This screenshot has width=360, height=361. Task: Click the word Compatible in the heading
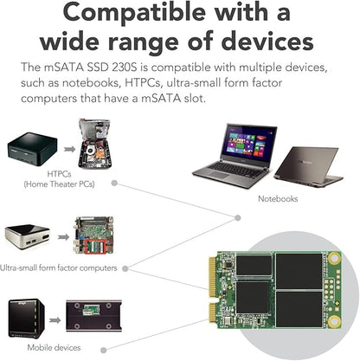pyautogui.click(x=134, y=12)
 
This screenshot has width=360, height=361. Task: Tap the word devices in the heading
pyautogui.click(x=267, y=42)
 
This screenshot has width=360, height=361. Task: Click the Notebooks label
pyautogui.click(x=278, y=198)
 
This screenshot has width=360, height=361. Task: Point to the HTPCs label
pyautogui.click(x=59, y=174)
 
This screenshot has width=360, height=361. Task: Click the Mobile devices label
pyautogui.click(x=54, y=347)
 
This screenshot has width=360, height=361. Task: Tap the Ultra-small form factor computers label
pyautogui.click(x=59, y=268)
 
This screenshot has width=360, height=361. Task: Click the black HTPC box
pyautogui.click(x=32, y=148)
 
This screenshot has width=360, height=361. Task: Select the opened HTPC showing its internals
pyautogui.click(x=94, y=144)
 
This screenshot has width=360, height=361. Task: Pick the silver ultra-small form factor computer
pyautogui.click(x=28, y=236)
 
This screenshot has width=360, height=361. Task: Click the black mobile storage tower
pyautogui.click(x=27, y=318)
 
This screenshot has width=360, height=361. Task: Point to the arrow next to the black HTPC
pyautogui.click(x=69, y=149)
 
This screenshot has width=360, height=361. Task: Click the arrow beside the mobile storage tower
pyautogui.click(x=55, y=320)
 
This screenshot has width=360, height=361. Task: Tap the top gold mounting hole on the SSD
pyautogui.click(x=334, y=258)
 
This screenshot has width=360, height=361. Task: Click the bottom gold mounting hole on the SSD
pyautogui.click(x=334, y=321)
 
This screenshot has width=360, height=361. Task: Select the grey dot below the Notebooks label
pyautogui.click(x=238, y=218)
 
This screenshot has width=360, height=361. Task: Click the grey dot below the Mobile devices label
pyautogui.click(x=104, y=350)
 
